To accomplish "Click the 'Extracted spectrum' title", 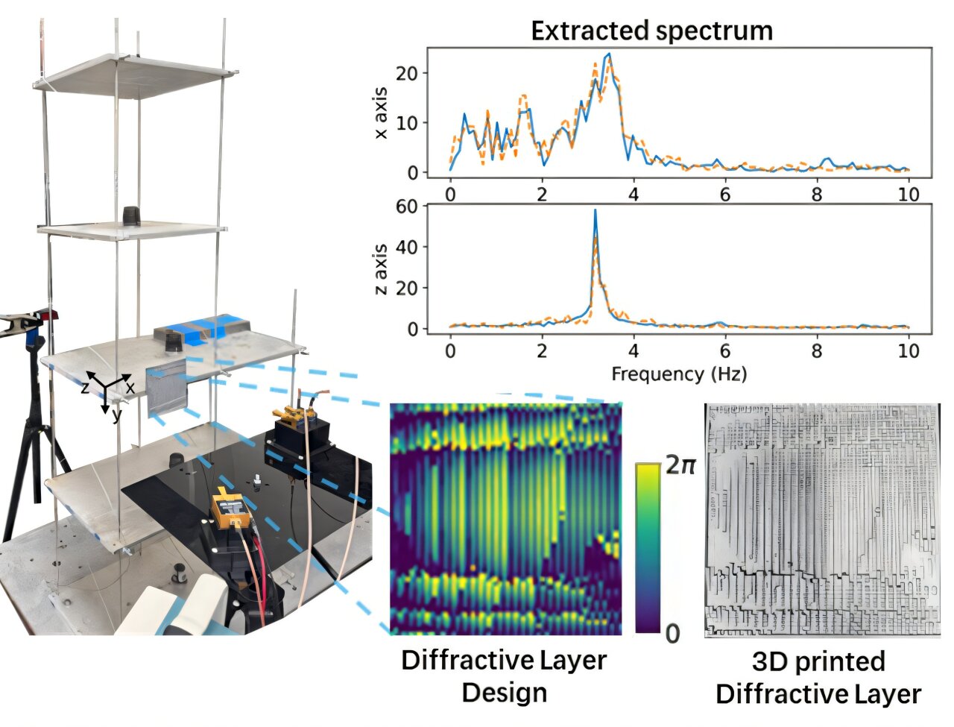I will tap(651, 31).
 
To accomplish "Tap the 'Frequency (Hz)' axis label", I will tap(678, 373).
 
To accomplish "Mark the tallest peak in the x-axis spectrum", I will tap(609, 54).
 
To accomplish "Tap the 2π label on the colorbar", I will tap(681, 465).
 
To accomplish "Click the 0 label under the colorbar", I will tap(672, 634).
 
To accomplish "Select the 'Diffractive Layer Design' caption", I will tap(504, 676).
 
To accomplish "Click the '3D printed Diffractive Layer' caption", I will tap(818, 678).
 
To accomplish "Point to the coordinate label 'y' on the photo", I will tap(117, 417).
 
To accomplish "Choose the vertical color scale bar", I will tap(647, 548).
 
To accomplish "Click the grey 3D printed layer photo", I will tap(821, 520).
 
